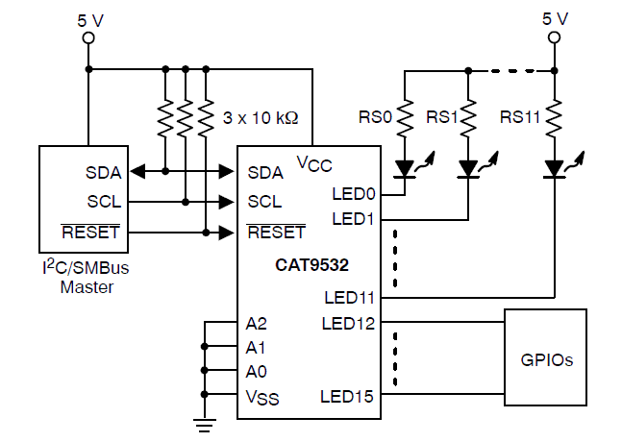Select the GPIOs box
(546, 361)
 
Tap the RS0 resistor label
(374, 117)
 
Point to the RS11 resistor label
(520, 117)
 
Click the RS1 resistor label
(443, 117)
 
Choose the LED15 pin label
(349, 395)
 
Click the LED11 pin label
(349, 298)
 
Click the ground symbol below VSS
(204, 419)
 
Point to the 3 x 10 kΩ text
(261, 118)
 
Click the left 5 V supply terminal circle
(88, 38)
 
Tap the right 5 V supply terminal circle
(555, 38)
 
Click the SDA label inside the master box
(103, 173)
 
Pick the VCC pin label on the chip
(314, 160)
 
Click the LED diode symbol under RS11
(555, 170)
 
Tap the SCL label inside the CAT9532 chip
(264, 202)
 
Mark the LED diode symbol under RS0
(405, 170)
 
